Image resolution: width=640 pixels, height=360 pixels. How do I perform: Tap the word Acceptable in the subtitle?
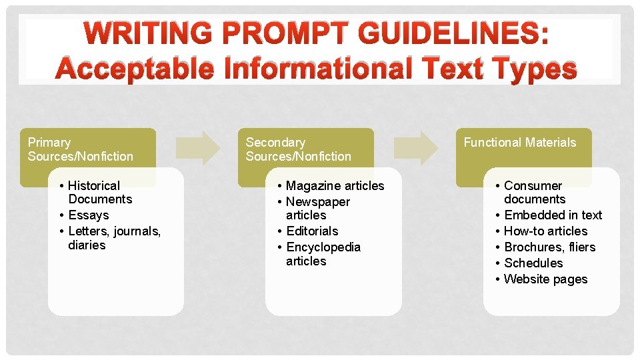pos(134,69)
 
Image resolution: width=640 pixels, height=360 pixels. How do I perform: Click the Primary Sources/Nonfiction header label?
pos(81,149)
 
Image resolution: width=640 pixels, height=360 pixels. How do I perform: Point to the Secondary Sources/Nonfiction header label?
pos(298,149)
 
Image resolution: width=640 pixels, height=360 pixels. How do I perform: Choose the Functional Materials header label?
pos(519,142)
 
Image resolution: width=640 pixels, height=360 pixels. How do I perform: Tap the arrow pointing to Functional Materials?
pos(416,147)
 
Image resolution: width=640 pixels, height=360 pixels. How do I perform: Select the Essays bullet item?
pos(88,215)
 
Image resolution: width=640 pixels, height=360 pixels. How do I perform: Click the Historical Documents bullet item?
pos(100,192)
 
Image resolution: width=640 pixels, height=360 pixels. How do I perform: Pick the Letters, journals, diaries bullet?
pos(114,238)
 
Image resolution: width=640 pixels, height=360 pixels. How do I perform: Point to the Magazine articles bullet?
pos(335,185)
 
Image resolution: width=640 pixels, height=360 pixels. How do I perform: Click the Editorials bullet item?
pos(312,231)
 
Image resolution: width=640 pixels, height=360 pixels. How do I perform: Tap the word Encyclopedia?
pos(323,247)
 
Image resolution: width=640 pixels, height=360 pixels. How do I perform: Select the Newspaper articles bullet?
pos(317,208)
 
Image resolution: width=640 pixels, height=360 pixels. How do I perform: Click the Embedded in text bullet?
pos(553,215)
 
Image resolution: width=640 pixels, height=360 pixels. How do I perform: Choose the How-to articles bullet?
pos(545,231)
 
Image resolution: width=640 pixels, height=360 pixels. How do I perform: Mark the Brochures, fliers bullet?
pos(549,247)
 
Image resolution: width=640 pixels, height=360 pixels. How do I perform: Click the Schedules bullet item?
pos(533,263)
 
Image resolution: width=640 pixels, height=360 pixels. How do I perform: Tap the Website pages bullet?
pos(545,279)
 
